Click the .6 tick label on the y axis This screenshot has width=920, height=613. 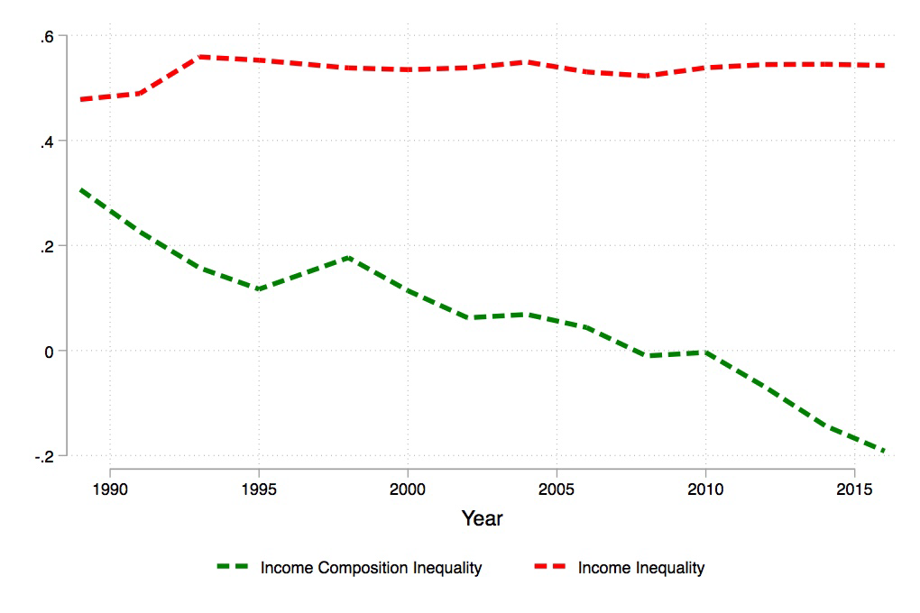pyautogui.click(x=47, y=36)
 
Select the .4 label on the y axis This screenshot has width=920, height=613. pyautogui.click(x=47, y=142)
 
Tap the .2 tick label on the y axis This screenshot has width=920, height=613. pyautogui.click(x=47, y=246)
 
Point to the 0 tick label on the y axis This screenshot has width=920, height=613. pyautogui.click(x=51, y=351)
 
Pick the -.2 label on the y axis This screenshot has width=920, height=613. pyautogui.click(x=45, y=456)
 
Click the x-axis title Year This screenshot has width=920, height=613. pyautogui.click(x=482, y=518)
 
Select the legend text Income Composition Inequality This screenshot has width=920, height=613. pyautogui.click(x=371, y=568)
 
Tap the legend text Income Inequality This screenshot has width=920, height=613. pyautogui.click(x=641, y=568)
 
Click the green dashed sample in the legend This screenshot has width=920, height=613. pyautogui.click(x=233, y=567)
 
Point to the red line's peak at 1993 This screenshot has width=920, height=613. pyautogui.click(x=199, y=57)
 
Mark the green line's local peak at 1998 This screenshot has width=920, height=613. pyautogui.click(x=348, y=258)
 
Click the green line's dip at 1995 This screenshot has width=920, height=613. pyautogui.click(x=259, y=289)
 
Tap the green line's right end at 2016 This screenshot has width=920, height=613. pyautogui.click(x=884, y=451)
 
